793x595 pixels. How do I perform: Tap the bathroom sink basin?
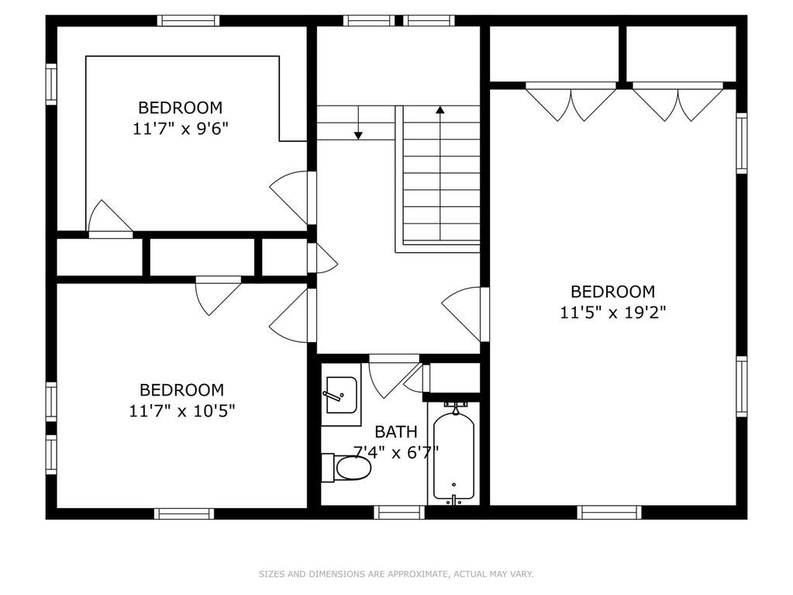(341, 395)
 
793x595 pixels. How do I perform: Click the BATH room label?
(396, 431)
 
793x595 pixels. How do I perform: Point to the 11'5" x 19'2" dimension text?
(612, 313)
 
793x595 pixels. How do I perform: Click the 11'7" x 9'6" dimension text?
(181, 129)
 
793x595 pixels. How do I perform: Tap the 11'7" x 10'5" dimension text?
(182, 410)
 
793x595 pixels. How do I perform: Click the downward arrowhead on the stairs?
(358, 135)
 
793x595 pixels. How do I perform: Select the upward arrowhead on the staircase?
(440, 109)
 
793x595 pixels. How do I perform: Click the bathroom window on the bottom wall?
(399, 513)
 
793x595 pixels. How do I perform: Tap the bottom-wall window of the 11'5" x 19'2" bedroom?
(609, 513)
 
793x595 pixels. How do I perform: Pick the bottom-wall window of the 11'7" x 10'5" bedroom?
(184, 514)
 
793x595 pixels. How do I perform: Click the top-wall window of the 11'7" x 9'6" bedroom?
(188, 21)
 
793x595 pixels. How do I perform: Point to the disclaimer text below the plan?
(396, 574)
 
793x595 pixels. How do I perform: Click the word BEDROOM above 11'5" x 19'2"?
(612, 292)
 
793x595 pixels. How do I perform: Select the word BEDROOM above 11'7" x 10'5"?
(181, 389)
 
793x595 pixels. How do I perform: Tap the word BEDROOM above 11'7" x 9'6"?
(180, 107)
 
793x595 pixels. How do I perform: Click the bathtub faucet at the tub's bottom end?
(453, 500)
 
